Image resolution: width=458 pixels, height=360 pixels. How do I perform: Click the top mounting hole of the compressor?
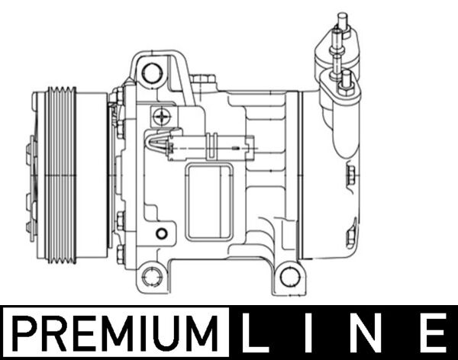[153, 73]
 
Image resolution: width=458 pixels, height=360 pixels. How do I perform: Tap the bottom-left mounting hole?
[153, 275]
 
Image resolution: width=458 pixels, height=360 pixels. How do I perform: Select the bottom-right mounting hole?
[289, 275]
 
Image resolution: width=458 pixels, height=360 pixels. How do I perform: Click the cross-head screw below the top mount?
[161, 117]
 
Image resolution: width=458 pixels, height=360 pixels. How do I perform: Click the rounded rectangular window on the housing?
[209, 201]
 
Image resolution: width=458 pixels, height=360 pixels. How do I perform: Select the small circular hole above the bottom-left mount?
[161, 233]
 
